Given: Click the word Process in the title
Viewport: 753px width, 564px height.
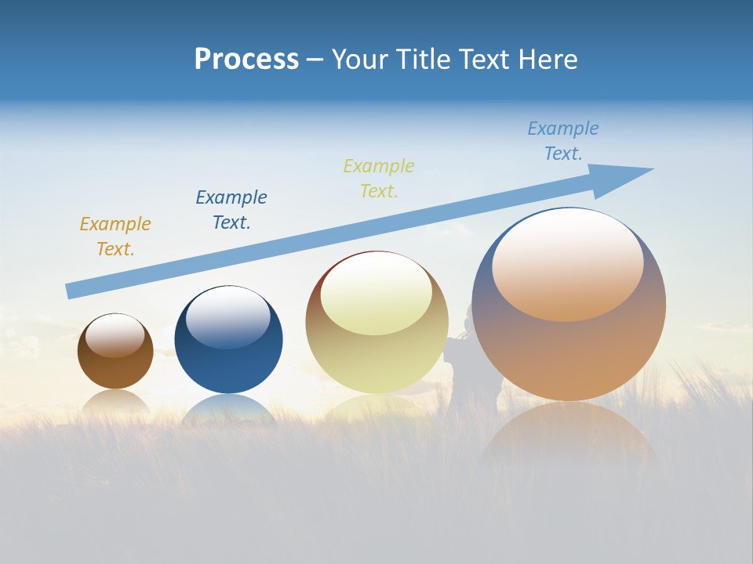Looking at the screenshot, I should pos(246,60).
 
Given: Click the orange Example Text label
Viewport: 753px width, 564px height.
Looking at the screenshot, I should pos(115,237).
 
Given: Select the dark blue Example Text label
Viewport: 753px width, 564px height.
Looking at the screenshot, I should pos(231,210).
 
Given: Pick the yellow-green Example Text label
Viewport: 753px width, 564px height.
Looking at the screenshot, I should pos(379,179).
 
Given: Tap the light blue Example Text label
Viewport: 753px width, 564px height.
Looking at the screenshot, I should pos(563,141).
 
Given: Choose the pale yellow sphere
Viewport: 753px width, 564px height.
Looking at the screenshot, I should pos(376,360).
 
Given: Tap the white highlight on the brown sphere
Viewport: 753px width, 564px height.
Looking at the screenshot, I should pos(115,335).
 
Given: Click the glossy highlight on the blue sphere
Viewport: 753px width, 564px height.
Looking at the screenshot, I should pos(228,317).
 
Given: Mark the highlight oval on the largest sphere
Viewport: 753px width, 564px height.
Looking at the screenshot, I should pos(568,265).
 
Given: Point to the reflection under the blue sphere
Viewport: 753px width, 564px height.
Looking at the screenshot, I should pos(228,411).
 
